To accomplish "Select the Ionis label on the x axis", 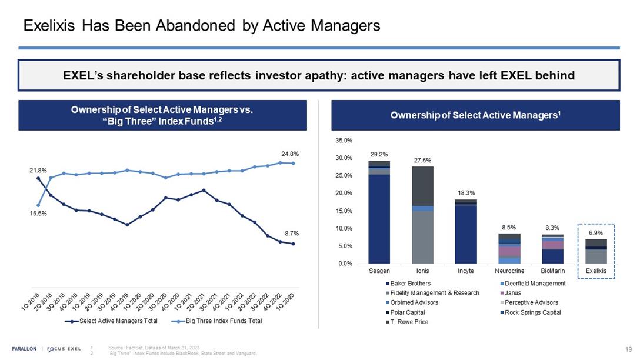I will [x=422, y=271].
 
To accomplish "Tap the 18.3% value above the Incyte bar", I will [x=466, y=192].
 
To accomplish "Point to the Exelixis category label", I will [x=596, y=271].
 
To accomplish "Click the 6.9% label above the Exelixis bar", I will [x=596, y=233].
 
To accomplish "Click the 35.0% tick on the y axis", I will [x=344, y=141].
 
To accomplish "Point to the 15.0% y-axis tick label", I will [x=344, y=211].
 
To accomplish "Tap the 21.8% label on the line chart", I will [x=38, y=170].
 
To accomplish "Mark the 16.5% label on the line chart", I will [x=38, y=214].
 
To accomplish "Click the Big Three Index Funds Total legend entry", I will [x=224, y=321].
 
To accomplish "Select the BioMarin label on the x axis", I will [x=552, y=271].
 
